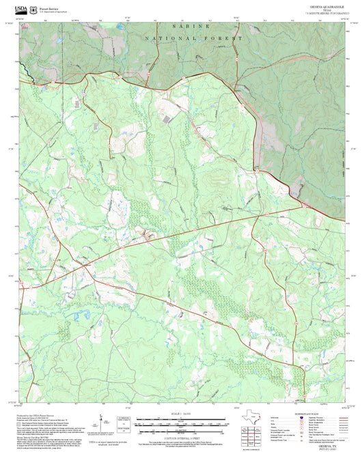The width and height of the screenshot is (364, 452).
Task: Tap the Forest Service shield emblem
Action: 33,6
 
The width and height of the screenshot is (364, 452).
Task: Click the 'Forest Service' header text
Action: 50,4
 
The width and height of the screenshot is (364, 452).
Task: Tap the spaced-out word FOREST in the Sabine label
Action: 227,40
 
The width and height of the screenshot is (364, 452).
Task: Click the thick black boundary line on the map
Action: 24,69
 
